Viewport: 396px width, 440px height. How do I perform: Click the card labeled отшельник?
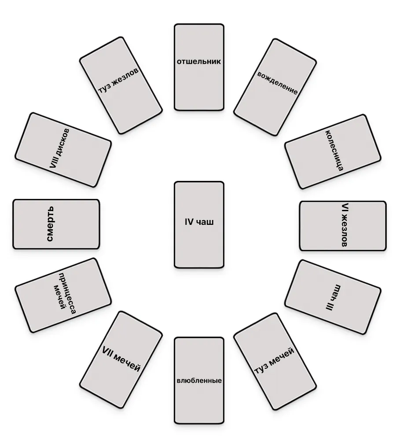(199, 67)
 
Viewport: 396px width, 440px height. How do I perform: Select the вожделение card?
(275, 87)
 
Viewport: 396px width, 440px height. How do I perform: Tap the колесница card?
(332, 152)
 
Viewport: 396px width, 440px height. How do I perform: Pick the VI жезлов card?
(343, 226)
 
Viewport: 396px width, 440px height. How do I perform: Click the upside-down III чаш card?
(332, 297)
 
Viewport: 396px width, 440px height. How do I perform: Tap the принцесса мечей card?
(63, 295)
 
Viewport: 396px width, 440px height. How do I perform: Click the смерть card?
(56, 224)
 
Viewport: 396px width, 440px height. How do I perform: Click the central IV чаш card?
(199, 224)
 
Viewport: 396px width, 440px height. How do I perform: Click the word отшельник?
(199, 62)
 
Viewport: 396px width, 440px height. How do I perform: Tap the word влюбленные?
(199, 381)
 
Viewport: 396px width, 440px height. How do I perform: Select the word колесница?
(334, 150)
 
